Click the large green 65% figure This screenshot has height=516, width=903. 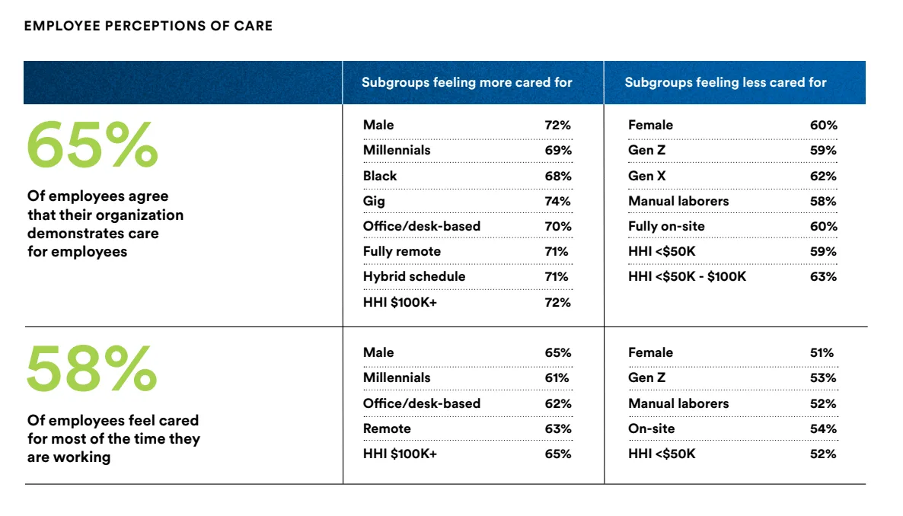(92, 144)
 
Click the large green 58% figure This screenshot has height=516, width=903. (91, 368)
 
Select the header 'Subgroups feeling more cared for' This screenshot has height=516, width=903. (467, 82)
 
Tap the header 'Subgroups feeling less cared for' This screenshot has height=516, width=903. (726, 82)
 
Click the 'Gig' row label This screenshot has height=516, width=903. (374, 201)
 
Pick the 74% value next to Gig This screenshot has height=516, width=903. (557, 201)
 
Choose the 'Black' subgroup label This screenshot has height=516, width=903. (380, 176)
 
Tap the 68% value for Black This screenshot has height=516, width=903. (558, 176)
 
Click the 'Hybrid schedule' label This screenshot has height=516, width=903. (414, 276)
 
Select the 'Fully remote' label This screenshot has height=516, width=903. (402, 251)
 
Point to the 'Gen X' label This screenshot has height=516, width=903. (646, 176)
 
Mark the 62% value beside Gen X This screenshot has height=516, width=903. (823, 176)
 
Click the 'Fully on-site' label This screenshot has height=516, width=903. (666, 226)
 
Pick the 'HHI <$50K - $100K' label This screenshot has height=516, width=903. (687, 276)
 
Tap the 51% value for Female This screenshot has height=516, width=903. (822, 352)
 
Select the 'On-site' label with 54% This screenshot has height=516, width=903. (651, 428)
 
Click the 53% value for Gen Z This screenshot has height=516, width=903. (823, 377)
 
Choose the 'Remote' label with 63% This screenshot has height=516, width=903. (387, 428)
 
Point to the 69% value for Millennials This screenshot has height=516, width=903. (558, 150)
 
